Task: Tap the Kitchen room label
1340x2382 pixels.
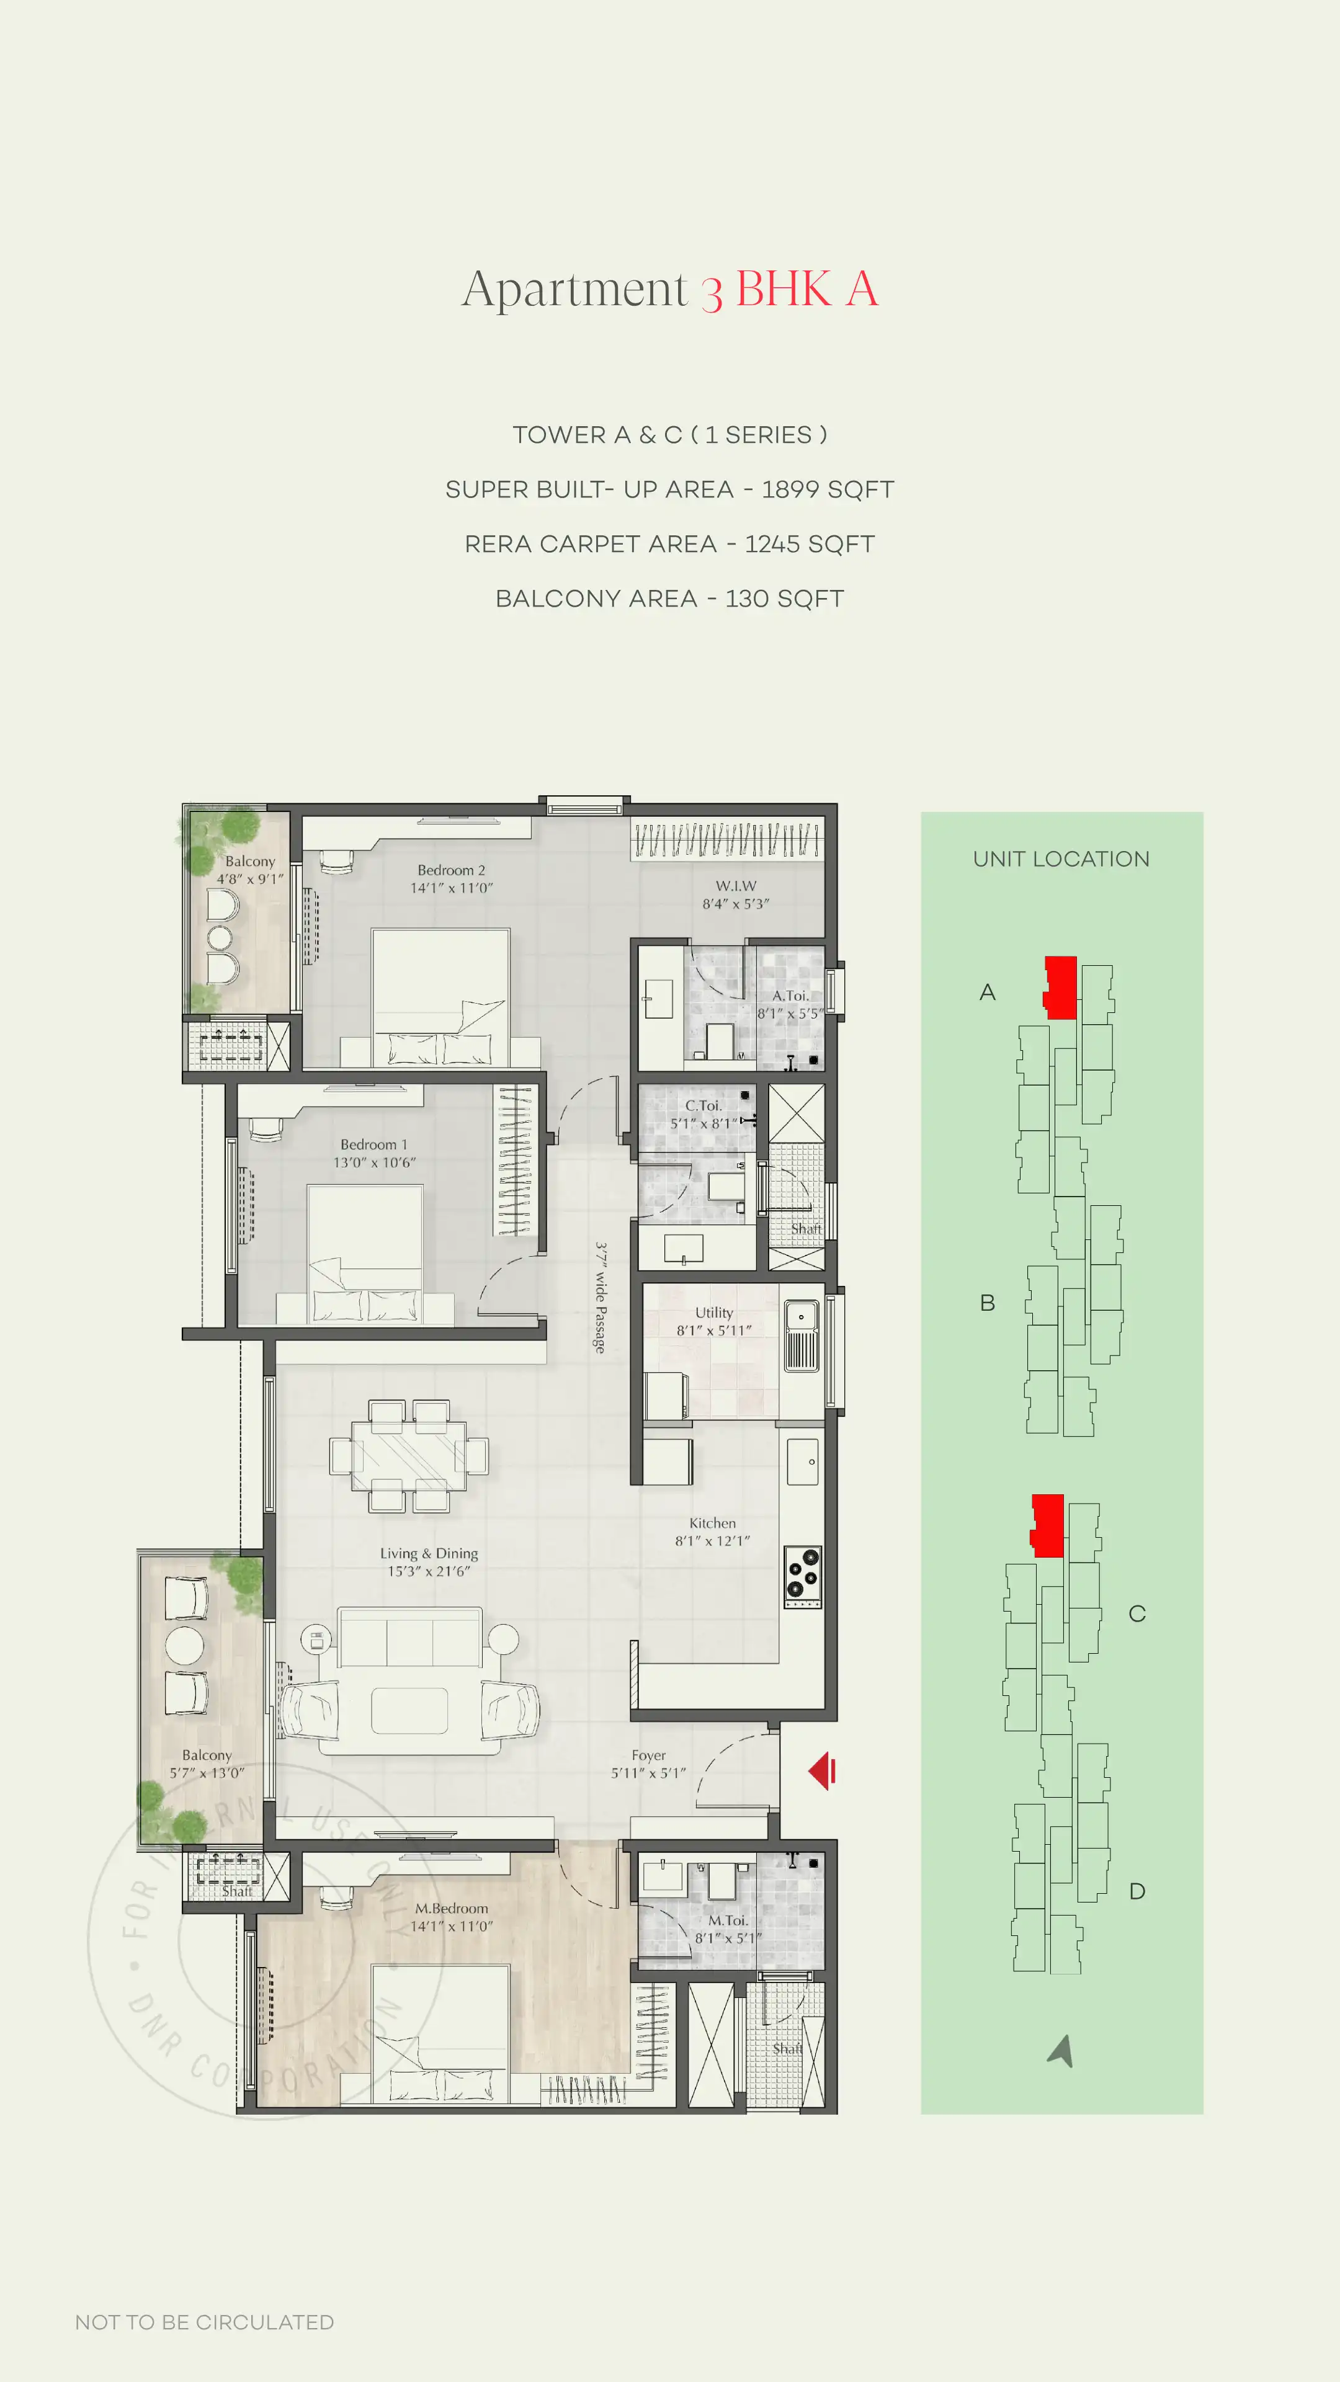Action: tap(712, 1523)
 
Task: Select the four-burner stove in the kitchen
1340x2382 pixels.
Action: tap(802, 1576)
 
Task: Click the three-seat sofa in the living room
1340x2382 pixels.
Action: tap(409, 1638)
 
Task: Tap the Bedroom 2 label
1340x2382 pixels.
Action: tap(451, 870)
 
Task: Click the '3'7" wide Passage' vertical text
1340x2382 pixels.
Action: tap(600, 1298)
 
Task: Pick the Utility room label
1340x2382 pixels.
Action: tap(714, 1312)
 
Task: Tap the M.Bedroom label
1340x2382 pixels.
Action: tap(451, 1907)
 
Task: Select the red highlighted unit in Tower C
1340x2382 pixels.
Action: tap(1048, 1525)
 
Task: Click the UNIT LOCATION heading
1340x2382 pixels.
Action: tap(1061, 859)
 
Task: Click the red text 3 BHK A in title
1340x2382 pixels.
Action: tap(789, 290)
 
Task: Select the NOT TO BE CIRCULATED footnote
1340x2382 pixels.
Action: tap(204, 2322)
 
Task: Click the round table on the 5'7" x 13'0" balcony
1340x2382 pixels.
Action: tap(185, 1645)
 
